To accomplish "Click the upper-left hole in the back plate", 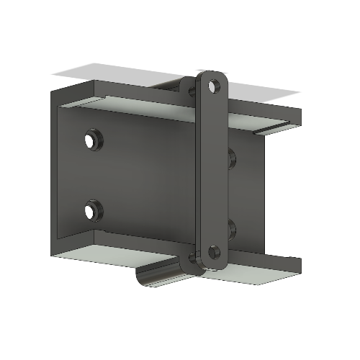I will coord(91,139).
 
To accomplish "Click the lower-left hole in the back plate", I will coord(91,211).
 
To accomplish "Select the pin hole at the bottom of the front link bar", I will coord(213,252).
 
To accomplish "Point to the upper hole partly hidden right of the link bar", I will coord(230,156).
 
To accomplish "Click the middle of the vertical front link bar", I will coord(212,169).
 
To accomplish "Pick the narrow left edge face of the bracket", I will coord(53,173).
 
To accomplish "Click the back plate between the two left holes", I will coord(91,175).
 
